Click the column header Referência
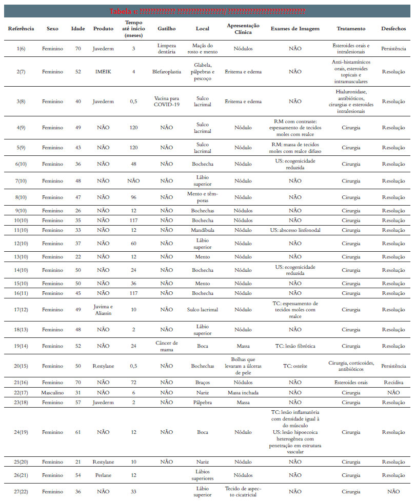pyautogui.click(x=21, y=29)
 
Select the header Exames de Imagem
pyautogui.click(x=295, y=29)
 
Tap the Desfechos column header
pyautogui.click(x=393, y=29)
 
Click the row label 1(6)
pyautogui.click(x=21, y=49)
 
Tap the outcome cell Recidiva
pyautogui.click(x=393, y=383)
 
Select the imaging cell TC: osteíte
pyautogui.click(x=295, y=366)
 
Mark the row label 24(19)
pyautogui.click(x=21, y=432)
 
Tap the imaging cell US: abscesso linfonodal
pyautogui.click(x=295, y=230)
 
